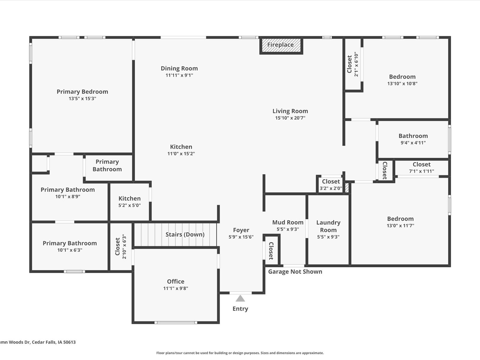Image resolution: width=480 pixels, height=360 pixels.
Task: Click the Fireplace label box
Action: coord(280,45)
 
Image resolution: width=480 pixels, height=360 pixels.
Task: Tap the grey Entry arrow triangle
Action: coord(240,298)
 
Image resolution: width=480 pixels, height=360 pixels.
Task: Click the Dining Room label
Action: coord(179,68)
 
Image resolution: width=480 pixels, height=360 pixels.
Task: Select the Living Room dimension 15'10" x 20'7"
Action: coord(290,118)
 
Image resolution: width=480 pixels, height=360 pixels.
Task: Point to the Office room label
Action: coord(175,281)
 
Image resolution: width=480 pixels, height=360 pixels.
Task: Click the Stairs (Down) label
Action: coord(185,234)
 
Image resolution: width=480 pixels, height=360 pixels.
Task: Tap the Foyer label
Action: coord(241,230)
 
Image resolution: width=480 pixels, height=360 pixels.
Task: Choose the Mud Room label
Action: coord(288,222)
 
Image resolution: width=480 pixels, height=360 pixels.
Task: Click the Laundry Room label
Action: coord(328,226)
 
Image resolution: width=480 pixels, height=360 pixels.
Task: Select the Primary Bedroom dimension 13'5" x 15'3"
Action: coord(82,98)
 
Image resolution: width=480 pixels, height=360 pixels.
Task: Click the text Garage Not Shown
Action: coord(295,271)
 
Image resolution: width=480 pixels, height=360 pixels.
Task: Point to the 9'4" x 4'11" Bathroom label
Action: coord(413,136)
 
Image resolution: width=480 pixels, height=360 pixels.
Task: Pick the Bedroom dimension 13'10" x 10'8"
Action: coord(402,84)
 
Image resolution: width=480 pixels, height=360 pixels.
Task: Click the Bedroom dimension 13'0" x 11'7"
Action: coord(400,226)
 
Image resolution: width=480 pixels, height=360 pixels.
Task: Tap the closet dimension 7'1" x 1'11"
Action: coord(421,171)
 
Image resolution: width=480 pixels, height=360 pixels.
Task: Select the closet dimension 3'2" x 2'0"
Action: coord(331,188)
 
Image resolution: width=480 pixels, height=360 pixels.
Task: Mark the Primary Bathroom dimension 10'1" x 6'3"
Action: coord(70,250)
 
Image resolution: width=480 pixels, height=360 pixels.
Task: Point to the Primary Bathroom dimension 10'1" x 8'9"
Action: coord(67,196)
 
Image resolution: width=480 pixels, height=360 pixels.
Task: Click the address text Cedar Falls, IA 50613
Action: coord(54,342)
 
